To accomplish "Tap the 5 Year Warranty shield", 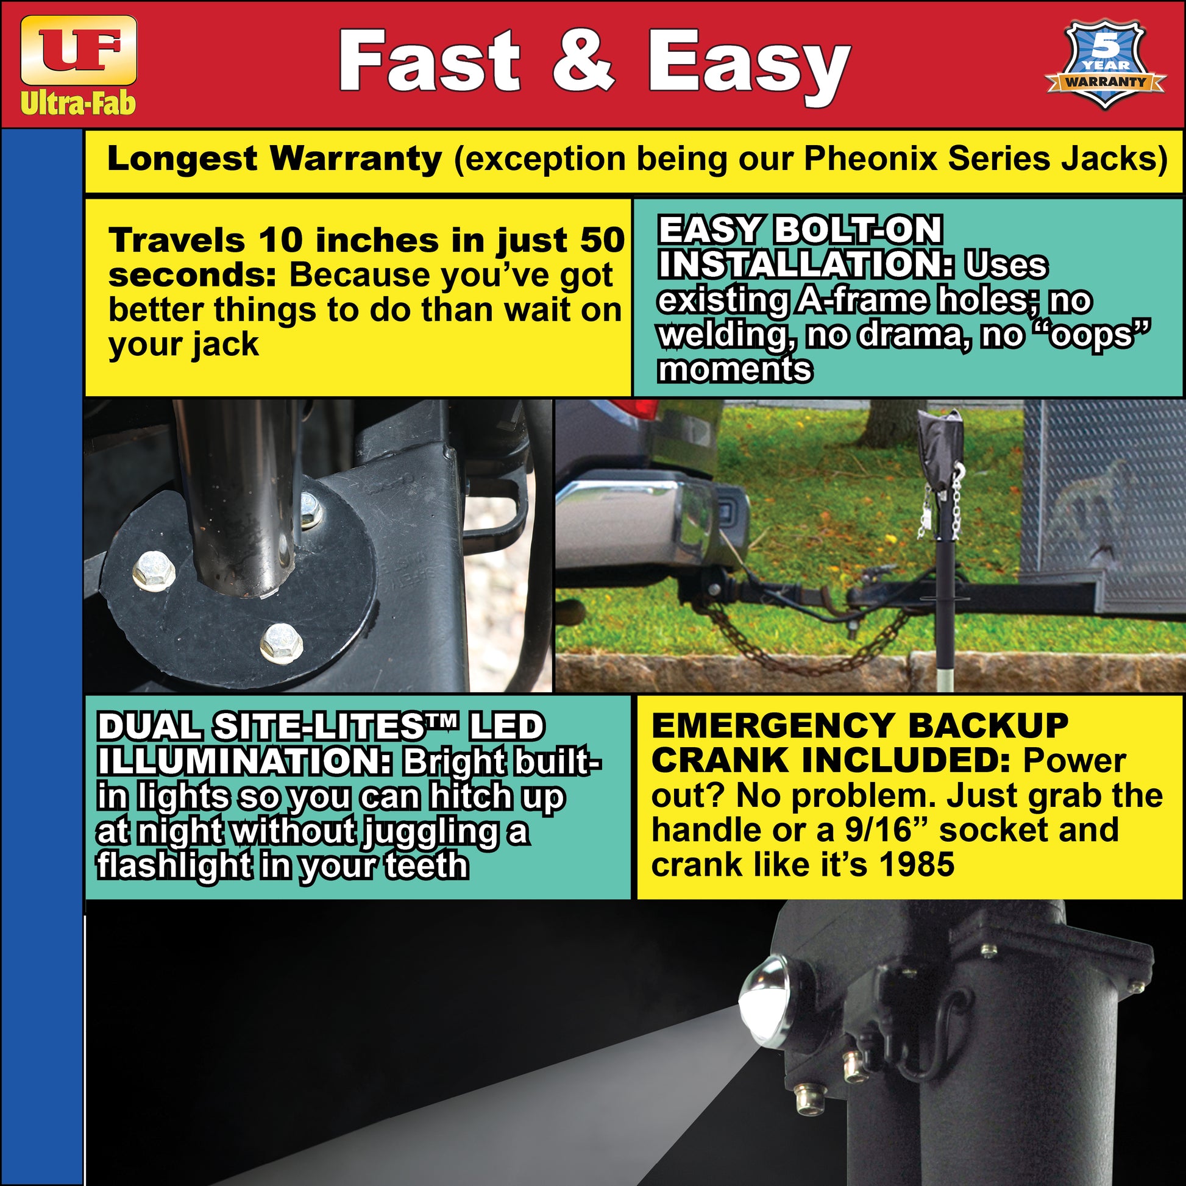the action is tap(1104, 65).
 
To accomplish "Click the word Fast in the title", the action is tap(430, 62).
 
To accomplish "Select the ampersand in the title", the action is tap(583, 62).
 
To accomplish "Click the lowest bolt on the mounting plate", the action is tap(280, 642).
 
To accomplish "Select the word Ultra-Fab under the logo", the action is tap(78, 103).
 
